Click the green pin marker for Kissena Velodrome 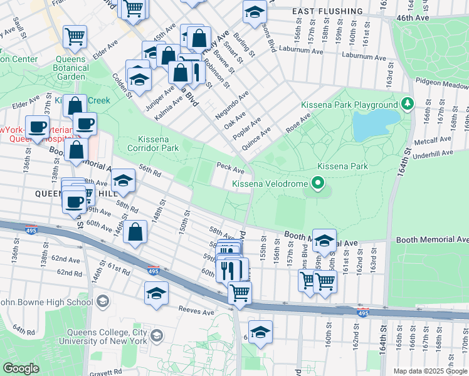coord(318,184)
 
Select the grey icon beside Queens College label coord(156,336)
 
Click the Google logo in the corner coord(21,368)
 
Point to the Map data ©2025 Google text coord(430,371)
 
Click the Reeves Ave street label coord(197,311)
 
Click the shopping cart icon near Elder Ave coord(75,36)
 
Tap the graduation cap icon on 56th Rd coord(124,181)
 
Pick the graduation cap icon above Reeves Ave coord(156,292)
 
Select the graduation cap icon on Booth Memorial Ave coord(324,241)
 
